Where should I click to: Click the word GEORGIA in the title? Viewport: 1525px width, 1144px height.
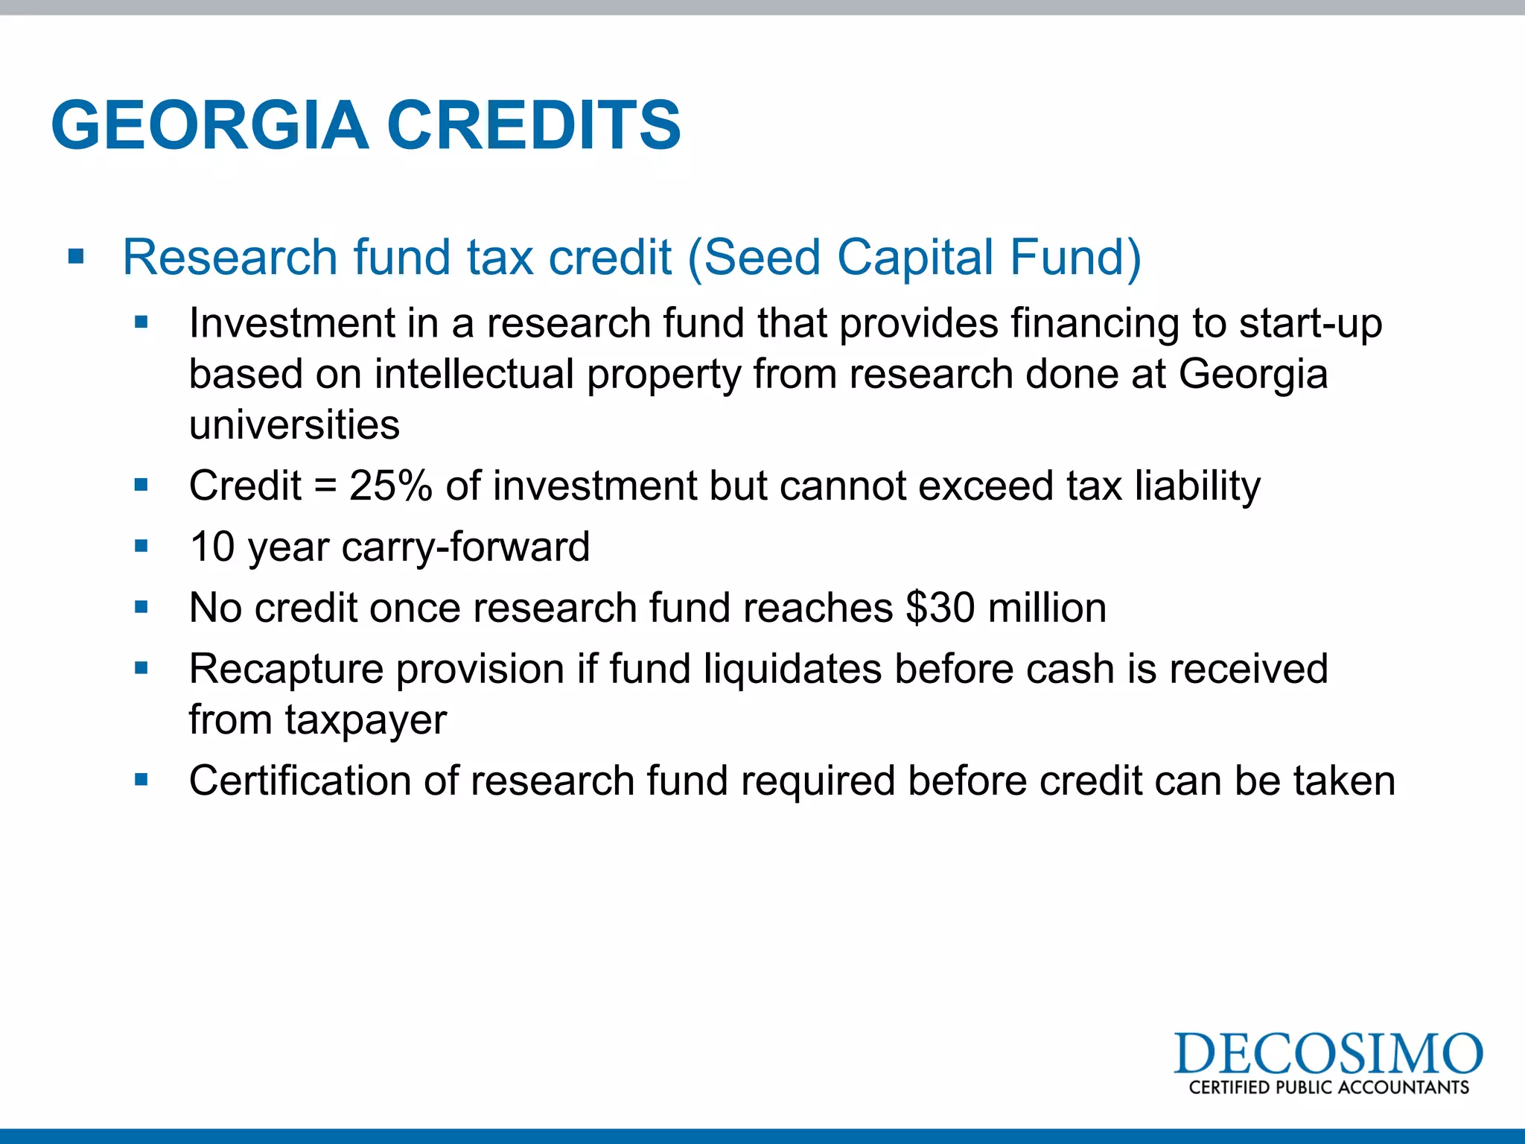(x=210, y=125)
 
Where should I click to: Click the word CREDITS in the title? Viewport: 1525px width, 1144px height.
(x=533, y=125)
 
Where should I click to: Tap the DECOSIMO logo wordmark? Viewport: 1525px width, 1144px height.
(x=1328, y=1054)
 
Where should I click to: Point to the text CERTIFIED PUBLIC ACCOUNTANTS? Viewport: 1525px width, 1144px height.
(x=1328, y=1087)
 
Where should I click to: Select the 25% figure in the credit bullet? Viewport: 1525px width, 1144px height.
(x=390, y=486)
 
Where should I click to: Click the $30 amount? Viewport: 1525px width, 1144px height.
(x=940, y=608)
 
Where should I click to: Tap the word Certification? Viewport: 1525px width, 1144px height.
(x=300, y=781)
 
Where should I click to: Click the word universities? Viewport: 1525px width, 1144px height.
(x=294, y=425)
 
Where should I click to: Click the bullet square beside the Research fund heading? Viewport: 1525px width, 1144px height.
(x=76, y=258)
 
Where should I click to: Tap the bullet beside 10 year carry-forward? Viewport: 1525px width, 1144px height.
(x=141, y=546)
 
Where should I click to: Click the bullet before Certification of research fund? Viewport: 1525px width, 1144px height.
(x=141, y=780)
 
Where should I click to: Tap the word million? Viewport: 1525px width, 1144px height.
(x=1047, y=608)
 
